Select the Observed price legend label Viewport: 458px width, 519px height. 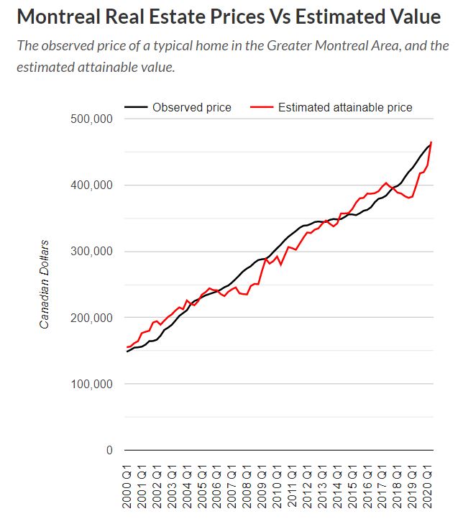(x=191, y=107)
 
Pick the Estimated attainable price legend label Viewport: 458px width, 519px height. (x=345, y=107)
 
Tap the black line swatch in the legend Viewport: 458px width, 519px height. (x=135, y=107)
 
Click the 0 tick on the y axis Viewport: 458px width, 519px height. (x=109, y=451)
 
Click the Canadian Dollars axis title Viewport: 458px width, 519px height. (x=45, y=285)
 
